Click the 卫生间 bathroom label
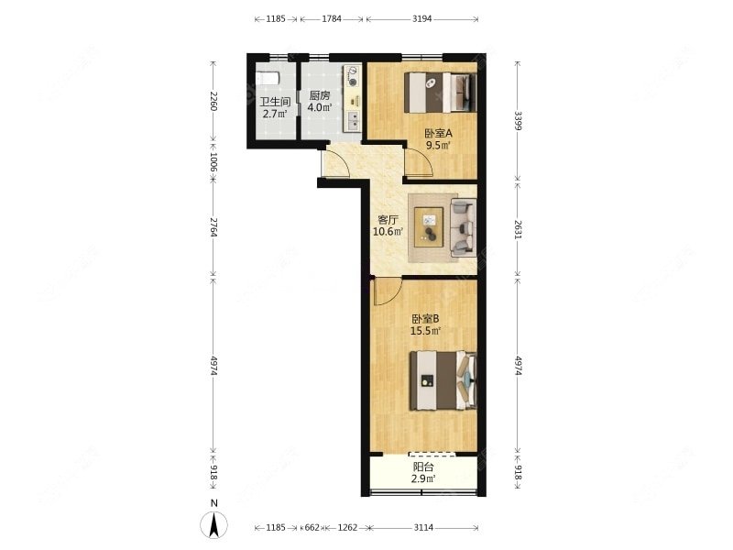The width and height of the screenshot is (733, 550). (276, 102)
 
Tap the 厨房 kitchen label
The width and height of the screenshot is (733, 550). (320, 95)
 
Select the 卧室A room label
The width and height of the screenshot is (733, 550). (438, 133)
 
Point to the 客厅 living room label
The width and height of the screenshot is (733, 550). (388, 219)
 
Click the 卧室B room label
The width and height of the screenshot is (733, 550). (425, 319)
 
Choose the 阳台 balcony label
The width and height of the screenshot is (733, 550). (423, 467)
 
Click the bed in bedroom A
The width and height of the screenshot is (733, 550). (441, 93)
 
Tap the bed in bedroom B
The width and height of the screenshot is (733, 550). (443, 381)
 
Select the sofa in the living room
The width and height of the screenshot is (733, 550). (464, 227)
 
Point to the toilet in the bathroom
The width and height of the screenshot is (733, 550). (268, 78)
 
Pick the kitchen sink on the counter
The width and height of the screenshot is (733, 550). (354, 121)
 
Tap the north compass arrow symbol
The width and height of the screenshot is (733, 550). (214, 524)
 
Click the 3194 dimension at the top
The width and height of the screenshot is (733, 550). (422, 19)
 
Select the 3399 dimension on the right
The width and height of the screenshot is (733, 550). (518, 121)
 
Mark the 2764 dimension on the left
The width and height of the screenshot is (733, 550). (213, 226)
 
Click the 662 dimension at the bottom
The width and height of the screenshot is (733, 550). (312, 528)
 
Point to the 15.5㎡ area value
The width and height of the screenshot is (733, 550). (425, 331)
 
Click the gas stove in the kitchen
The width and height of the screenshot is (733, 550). (353, 76)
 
